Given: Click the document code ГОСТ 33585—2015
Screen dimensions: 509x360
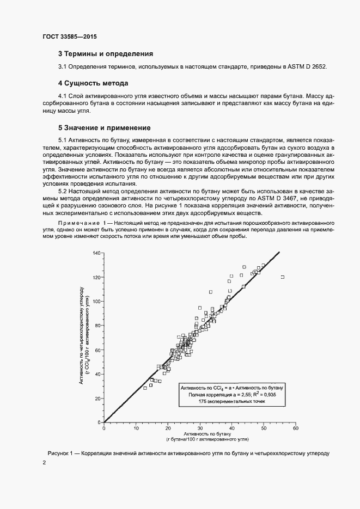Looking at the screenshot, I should pos(69,37).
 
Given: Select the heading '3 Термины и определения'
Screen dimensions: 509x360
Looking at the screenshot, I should pos(105,54).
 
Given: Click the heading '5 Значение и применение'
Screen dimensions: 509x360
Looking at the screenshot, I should pos(104,128).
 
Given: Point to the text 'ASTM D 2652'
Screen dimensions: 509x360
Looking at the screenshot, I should pos(307,66).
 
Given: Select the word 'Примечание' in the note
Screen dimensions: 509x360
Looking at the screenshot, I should pos(77,224).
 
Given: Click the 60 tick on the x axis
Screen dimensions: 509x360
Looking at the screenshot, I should pos(296,428).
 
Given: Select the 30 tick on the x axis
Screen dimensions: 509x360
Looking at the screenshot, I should pos(200,428).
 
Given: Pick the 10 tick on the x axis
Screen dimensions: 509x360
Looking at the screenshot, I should pos(136,428).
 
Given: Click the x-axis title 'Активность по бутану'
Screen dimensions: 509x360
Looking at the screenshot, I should pos(200,434).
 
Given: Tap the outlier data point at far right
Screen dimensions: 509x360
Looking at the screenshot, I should pos(283,277).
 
